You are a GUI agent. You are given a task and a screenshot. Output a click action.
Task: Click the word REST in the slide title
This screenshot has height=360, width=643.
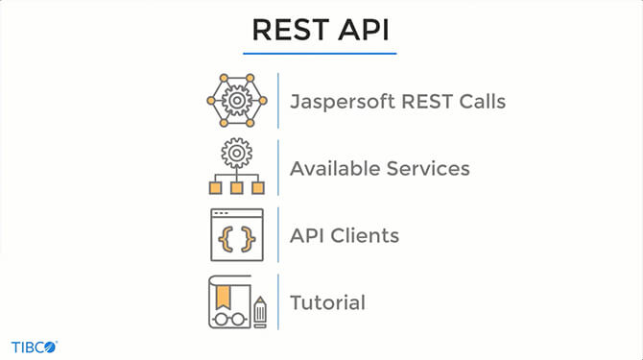click(287, 30)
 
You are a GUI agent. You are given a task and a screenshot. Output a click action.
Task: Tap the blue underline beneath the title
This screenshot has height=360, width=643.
click(321, 53)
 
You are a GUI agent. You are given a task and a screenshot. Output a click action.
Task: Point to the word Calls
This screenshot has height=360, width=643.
click(477, 101)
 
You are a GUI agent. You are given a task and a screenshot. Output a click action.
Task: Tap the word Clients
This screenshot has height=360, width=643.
click(364, 235)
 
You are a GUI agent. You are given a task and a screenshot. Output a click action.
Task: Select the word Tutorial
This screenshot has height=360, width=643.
click(327, 302)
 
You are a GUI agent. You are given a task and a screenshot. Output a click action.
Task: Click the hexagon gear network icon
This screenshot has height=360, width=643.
click(235, 100)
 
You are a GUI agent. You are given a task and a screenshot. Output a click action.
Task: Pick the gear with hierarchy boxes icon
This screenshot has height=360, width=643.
click(235, 167)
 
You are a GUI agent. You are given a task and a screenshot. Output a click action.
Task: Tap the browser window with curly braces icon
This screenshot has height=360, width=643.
click(235, 235)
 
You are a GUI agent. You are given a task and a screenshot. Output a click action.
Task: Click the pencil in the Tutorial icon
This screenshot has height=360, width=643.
click(259, 309)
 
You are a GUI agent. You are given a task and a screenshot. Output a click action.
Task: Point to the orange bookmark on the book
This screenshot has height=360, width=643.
click(225, 289)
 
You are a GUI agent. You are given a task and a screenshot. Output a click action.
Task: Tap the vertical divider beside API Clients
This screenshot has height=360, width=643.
click(279, 234)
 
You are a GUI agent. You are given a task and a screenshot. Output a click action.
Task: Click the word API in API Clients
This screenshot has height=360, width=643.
click(307, 235)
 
